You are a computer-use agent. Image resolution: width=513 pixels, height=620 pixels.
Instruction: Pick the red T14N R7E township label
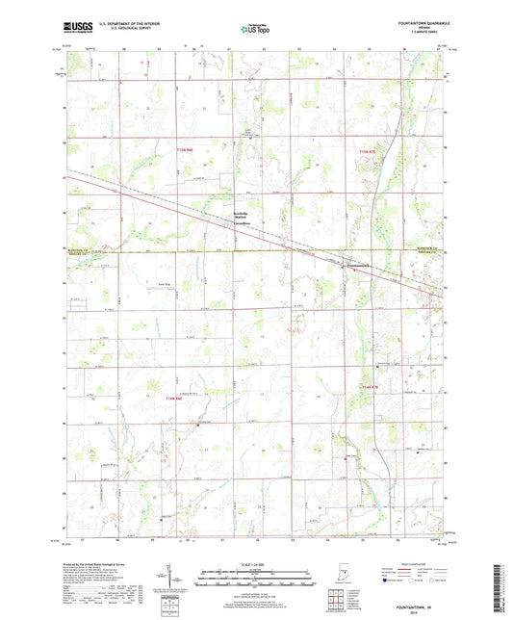coord(370,386)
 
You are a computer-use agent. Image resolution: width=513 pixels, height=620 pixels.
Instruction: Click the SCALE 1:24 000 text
coord(255,562)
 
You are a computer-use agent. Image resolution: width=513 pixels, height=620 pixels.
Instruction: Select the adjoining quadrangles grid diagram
coord(337,602)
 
